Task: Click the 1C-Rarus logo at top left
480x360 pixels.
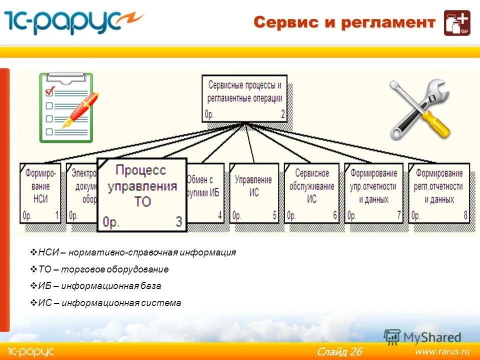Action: (74, 22)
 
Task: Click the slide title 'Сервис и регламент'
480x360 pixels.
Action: (344, 22)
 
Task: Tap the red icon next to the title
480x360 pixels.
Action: (457, 23)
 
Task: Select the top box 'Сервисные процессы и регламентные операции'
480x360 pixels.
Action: (244, 98)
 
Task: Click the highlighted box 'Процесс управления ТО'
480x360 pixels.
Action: (141, 194)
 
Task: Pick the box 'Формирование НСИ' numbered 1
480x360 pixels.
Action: (40, 192)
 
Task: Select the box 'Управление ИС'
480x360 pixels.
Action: (253, 192)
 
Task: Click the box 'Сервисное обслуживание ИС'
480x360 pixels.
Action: (311, 192)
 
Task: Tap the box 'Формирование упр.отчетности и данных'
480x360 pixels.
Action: (373, 192)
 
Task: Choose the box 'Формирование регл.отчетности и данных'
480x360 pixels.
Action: (438, 192)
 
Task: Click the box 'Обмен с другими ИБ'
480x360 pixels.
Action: (205, 192)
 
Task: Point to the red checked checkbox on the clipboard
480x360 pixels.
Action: (49, 91)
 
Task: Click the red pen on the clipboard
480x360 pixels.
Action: (80, 110)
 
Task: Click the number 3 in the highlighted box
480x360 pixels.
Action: (178, 221)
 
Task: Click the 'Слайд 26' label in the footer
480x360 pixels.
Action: (339, 351)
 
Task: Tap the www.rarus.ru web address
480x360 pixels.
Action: (442, 351)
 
